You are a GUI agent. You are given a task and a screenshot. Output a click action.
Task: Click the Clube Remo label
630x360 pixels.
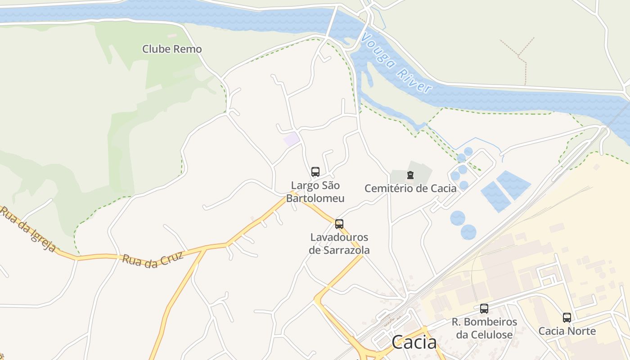tap(172, 49)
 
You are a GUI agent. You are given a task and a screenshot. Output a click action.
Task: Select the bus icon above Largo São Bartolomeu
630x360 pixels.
tap(315, 172)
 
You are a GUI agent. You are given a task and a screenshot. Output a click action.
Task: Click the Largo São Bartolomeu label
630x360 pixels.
tap(315, 192)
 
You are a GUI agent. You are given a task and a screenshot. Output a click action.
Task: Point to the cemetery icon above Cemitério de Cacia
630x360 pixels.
tap(410, 175)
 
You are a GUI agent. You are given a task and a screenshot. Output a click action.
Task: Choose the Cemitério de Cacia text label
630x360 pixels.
tap(410, 188)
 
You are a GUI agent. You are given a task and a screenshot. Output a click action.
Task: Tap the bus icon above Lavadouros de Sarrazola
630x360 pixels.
tap(339, 224)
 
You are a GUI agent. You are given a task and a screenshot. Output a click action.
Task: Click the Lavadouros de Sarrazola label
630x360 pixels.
tap(339, 243)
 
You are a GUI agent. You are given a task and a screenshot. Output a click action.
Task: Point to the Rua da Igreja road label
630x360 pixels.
tap(28, 230)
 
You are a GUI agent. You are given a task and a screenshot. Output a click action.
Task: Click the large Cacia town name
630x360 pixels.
tap(414, 342)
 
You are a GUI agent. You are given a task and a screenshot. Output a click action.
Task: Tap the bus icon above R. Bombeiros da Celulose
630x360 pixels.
tap(484, 309)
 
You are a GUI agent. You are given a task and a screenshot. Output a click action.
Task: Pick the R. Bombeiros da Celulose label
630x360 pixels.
tap(484, 328)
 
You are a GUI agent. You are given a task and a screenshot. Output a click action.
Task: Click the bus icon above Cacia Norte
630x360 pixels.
tap(567, 318)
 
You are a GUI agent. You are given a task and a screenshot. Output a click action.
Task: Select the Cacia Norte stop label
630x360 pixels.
tap(567, 331)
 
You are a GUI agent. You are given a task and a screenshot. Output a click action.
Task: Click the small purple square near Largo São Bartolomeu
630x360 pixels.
tap(292, 139)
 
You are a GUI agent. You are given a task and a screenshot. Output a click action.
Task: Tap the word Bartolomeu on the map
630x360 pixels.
tap(315, 198)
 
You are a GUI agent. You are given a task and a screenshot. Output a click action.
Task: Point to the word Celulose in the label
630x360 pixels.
tap(490, 335)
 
